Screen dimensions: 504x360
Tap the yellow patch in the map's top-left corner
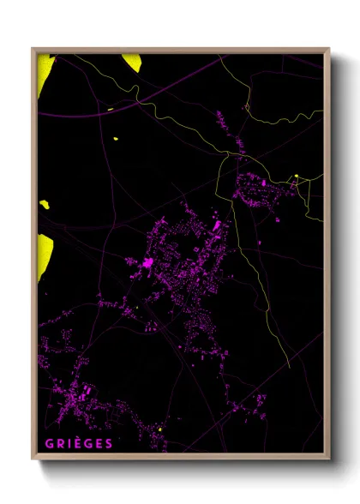pos(45,69)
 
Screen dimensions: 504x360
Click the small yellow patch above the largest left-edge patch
pos(44,205)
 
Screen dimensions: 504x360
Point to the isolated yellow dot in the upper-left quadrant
pos(115,138)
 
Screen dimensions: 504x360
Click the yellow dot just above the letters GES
pos(159,429)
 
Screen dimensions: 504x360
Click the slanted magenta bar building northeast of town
pos(216,226)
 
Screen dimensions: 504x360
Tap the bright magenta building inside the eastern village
pos(264,183)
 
